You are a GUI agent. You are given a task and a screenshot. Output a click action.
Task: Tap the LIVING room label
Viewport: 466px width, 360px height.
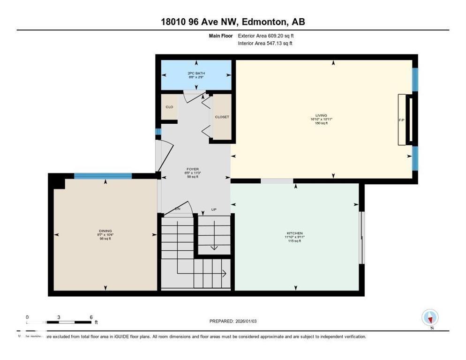321,115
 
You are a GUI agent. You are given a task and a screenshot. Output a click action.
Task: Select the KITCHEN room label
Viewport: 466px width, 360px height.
295,233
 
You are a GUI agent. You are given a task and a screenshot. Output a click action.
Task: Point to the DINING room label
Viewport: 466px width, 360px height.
105,231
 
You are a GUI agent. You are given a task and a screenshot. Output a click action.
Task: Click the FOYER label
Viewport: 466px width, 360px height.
193,169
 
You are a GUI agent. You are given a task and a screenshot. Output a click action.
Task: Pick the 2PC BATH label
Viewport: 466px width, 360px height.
196,73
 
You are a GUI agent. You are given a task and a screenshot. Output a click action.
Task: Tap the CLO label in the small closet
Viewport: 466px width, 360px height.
169,107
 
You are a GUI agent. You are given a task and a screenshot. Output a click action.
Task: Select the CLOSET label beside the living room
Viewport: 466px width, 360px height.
222,117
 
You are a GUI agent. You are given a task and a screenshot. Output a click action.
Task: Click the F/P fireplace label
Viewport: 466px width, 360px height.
401,120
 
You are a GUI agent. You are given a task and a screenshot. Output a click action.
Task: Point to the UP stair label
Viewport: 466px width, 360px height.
214,210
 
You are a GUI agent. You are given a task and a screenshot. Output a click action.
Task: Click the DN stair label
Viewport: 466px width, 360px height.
178,209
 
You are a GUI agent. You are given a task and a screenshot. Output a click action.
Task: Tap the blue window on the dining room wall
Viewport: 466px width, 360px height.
103,176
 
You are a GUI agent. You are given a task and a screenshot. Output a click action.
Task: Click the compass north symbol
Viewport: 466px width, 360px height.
429,318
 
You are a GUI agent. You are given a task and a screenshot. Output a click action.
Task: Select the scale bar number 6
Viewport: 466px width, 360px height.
90,317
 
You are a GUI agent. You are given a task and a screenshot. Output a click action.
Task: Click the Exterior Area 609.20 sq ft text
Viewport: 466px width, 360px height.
266,36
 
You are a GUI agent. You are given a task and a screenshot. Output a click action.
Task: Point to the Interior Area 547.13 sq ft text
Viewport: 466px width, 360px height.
266,43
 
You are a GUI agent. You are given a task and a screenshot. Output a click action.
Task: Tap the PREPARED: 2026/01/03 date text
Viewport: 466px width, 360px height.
233,321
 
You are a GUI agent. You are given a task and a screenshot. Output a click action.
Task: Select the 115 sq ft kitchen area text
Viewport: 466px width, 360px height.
294,241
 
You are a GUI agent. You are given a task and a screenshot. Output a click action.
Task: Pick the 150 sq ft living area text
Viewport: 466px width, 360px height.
321,123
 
